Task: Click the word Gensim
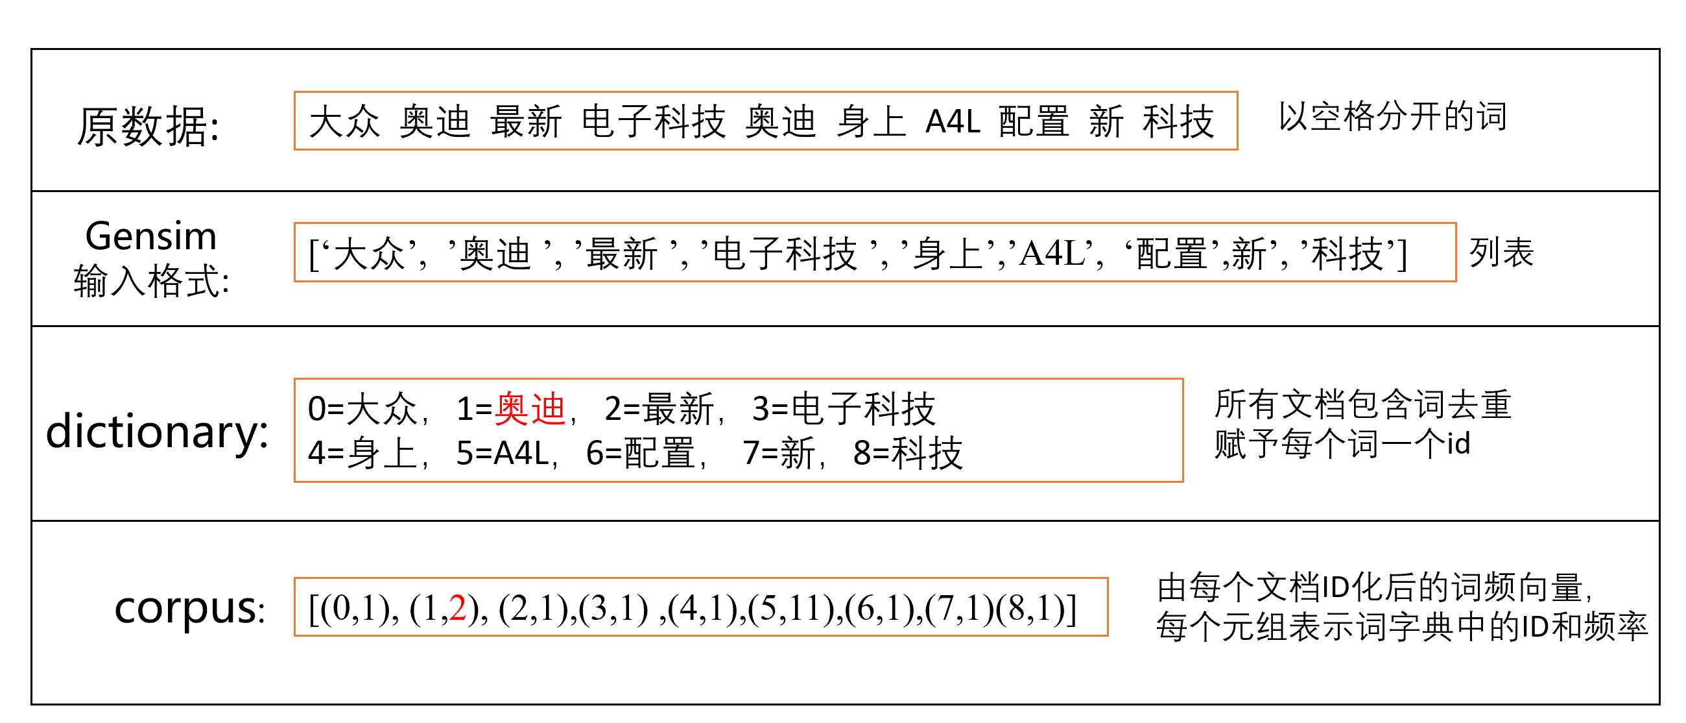(x=150, y=236)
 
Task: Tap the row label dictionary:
(x=157, y=432)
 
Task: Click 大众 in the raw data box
(x=344, y=122)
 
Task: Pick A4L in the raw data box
(x=953, y=122)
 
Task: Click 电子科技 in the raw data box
(x=653, y=122)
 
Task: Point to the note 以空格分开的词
(x=1393, y=117)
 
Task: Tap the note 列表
(x=1501, y=252)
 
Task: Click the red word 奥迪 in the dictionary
(x=530, y=409)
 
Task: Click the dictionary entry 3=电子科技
(x=844, y=409)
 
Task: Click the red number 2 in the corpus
(x=458, y=608)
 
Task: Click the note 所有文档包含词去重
(x=1362, y=404)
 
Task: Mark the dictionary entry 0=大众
(x=362, y=409)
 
